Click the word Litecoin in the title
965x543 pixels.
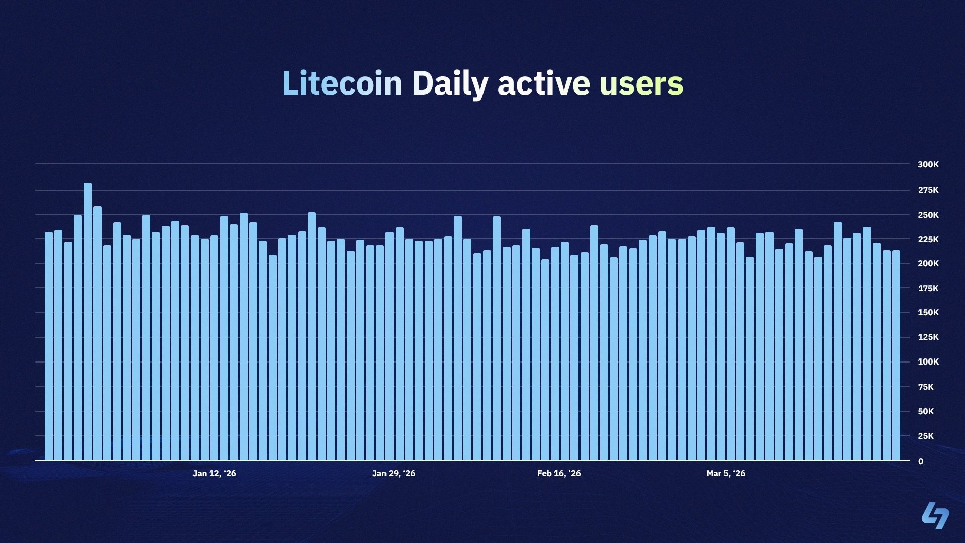click(x=342, y=83)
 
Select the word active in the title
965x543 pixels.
click(x=543, y=83)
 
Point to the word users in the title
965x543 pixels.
click(x=641, y=83)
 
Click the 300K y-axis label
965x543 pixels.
click(x=928, y=164)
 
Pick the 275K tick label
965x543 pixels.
click(x=928, y=190)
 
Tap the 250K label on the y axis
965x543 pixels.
click(x=928, y=215)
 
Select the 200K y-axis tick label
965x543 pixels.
click(x=928, y=263)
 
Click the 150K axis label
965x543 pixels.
click(x=928, y=312)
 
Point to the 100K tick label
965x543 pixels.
click(x=928, y=361)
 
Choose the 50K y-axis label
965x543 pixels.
click(x=926, y=411)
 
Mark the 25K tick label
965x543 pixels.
click(x=926, y=436)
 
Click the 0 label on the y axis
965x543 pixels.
click(x=921, y=461)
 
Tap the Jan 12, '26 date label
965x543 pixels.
click(x=214, y=473)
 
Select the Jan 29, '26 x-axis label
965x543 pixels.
click(x=394, y=473)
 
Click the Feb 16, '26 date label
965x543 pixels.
click(x=559, y=473)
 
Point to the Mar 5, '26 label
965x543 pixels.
click(x=726, y=473)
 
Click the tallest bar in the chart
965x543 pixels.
click(x=88, y=322)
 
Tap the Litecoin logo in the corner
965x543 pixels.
click(x=935, y=515)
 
